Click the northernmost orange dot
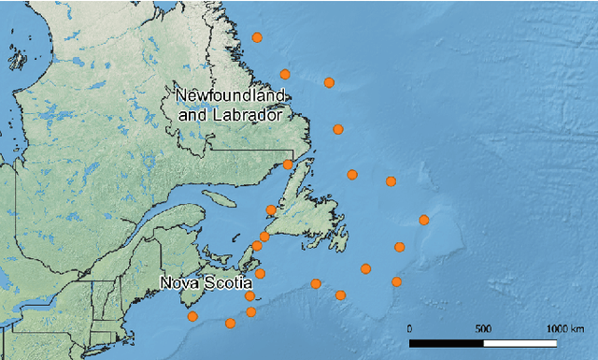point(258,37)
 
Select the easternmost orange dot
point(424,220)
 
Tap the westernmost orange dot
point(192,316)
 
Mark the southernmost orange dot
point(230,324)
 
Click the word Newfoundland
point(231,96)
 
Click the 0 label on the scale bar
point(410,328)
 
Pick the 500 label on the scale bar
point(483,328)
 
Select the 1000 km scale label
point(562,328)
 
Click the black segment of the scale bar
point(447,343)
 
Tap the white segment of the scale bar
point(520,343)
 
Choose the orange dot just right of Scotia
point(260,274)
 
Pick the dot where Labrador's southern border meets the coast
point(288,165)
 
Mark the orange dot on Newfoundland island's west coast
point(271,210)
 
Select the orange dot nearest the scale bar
point(397,281)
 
